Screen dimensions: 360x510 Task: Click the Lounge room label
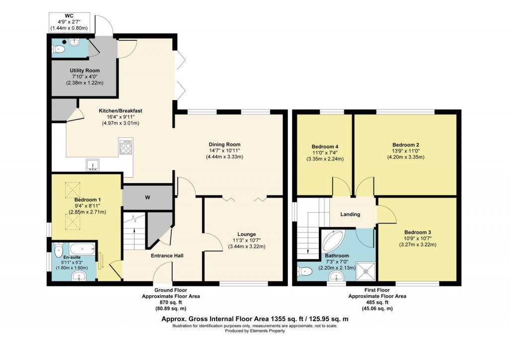(x=247, y=234)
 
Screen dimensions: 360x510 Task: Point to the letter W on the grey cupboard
(x=147, y=198)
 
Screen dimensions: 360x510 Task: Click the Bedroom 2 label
(x=405, y=146)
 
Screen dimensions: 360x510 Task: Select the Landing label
(x=350, y=215)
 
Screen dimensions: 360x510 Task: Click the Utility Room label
(x=83, y=71)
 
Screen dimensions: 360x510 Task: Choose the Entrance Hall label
(x=167, y=255)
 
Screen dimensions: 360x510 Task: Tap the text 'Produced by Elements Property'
(x=255, y=331)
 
